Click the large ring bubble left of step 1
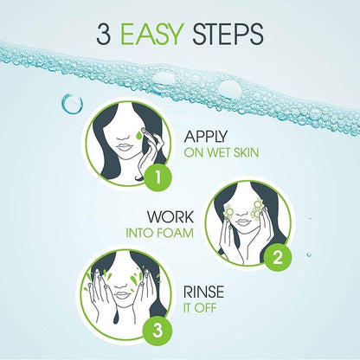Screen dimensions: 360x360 (x=71, y=104)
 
